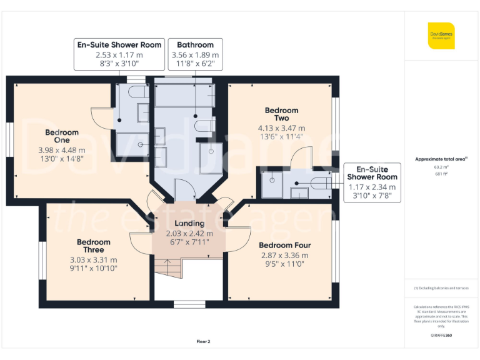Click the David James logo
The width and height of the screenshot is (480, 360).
pyautogui.click(x=441, y=36)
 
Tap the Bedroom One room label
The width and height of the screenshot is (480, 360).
pyautogui.click(x=62, y=136)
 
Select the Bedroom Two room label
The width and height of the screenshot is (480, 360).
pyautogui.click(x=282, y=114)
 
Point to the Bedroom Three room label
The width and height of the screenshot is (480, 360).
pyautogui.click(x=94, y=246)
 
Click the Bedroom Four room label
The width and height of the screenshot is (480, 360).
pyautogui.click(x=284, y=246)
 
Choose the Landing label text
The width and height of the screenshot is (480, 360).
pyautogui.click(x=189, y=223)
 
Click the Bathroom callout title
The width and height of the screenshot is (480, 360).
pyautogui.click(x=195, y=45)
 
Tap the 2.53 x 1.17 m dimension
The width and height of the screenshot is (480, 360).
pyautogui.click(x=119, y=55)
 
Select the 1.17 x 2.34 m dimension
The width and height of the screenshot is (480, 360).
pyautogui.click(x=372, y=187)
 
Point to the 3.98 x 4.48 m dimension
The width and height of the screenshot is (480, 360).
pyautogui.click(x=62, y=150)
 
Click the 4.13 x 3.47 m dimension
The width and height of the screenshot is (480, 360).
pyautogui.click(x=282, y=129)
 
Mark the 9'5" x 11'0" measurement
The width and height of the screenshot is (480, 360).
pyautogui.click(x=284, y=264)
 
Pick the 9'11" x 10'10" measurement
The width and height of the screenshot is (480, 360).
pyautogui.click(x=94, y=269)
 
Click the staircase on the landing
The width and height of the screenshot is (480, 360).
pyautogui.click(x=167, y=269)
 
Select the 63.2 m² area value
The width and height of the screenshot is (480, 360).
pyautogui.click(x=441, y=167)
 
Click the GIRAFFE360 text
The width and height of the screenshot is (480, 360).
pyautogui.click(x=441, y=336)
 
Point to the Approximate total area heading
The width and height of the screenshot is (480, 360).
pyautogui.click(x=441, y=159)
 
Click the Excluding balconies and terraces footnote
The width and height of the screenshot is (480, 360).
pyautogui.click(x=441, y=287)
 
